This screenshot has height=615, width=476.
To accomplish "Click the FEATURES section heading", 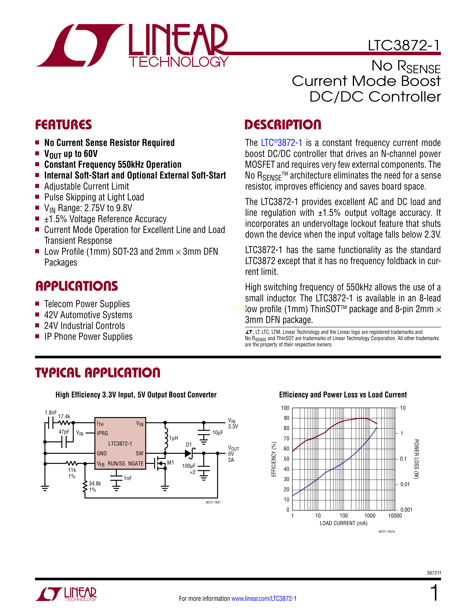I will pyautogui.click(x=63, y=125).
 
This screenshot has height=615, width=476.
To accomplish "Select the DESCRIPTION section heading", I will pyautogui.click(x=283, y=125).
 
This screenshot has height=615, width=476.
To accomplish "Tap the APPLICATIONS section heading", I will pyautogui.click(x=77, y=286).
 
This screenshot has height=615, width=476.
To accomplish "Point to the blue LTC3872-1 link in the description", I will pyautogui.click(x=281, y=143).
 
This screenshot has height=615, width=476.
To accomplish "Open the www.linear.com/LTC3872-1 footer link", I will pyautogui.click(x=264, y=598).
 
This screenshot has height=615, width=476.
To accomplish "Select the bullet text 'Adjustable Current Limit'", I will pyautogui.click(x=87, y=186).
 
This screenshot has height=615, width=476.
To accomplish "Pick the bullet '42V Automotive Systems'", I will pyautogui.click(x=88, y=315).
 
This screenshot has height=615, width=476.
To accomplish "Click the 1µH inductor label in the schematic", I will pyautogui.click(x=173, y=438).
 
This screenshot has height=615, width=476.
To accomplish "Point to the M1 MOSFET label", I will pyautogui.click(x=171, y=463).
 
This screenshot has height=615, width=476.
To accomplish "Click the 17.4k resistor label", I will pyautogui.click(x=64, y=417).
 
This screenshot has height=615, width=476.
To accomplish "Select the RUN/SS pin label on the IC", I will pyautogui.click(x=116, y=463).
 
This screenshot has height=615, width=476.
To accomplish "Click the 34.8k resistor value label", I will pyautogui.click(x=95, y=483).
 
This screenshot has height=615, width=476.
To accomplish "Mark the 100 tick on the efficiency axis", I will pyautogui.click(x=285, y=408).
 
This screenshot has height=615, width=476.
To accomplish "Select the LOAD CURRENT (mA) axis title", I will pyautogui.click(x=343, y=523).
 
